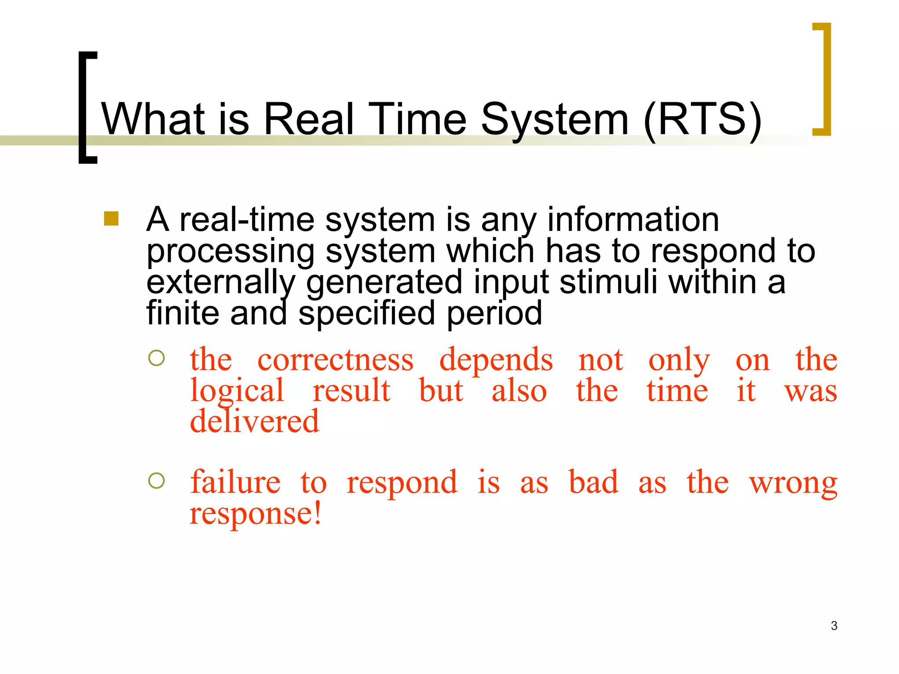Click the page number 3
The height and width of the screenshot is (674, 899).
834,626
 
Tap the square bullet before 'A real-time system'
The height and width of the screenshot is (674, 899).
111,219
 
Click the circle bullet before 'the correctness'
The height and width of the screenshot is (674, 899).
156,358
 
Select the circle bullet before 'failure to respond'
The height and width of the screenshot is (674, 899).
156,481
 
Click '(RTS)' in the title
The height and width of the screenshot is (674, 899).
702,119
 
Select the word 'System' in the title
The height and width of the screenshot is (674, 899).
555,119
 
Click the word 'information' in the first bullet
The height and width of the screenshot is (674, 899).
633,219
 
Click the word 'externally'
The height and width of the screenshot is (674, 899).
221,283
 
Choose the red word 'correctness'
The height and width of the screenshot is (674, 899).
335,360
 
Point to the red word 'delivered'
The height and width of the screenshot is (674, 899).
254,421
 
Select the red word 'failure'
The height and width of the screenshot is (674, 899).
235,482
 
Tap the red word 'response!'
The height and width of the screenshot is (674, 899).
255,513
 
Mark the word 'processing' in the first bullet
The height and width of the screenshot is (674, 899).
230,252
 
